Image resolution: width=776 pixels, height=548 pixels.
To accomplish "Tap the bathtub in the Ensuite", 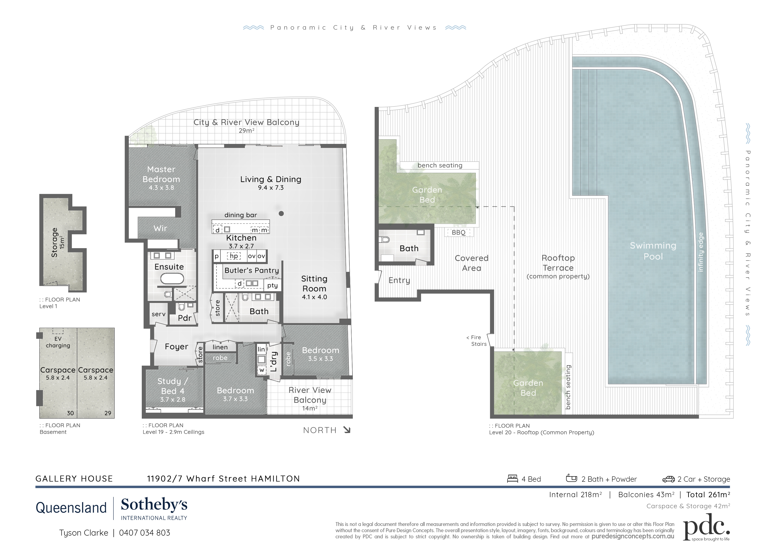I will (x=172, y=279).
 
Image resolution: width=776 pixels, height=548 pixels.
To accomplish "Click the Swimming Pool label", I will (x=653, y=251).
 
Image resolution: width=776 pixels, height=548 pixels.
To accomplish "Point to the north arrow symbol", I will (x=347, y=430).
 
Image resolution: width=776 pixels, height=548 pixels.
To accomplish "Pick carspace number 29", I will (x=108, y=413).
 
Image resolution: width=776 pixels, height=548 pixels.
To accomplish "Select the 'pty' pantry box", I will (x=272, y=285).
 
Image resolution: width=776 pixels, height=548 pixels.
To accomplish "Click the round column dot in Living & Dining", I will (x=281, y=213).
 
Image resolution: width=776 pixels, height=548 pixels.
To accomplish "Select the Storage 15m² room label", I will (x=58, y=242).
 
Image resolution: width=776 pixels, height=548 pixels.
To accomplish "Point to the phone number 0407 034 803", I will (x=145, y=533).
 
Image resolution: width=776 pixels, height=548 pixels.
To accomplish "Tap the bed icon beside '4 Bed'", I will (x=512, y=479).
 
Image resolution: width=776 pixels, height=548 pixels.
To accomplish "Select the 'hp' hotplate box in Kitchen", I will (x=234, y=256).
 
